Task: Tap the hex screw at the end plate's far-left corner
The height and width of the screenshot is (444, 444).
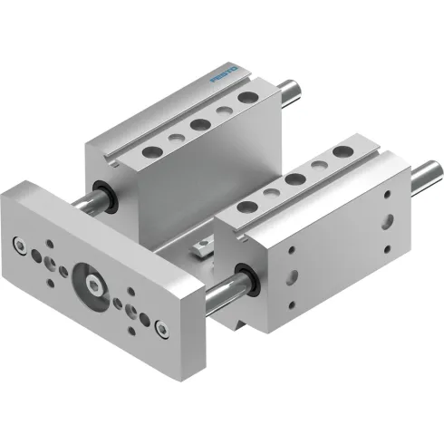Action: point(17,241)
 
